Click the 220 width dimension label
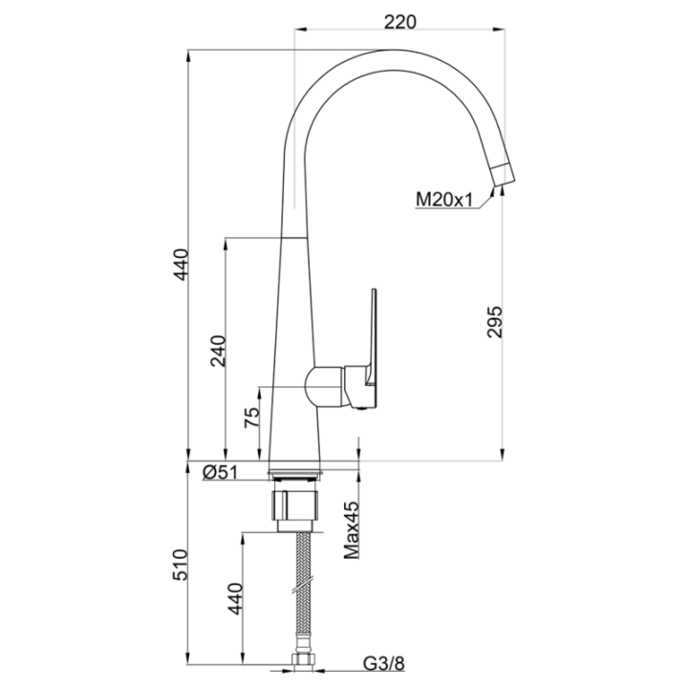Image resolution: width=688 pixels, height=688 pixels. pos(399,21)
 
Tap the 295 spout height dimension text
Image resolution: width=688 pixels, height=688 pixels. pos(494,322)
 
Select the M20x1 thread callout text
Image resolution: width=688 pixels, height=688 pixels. pos(444,200)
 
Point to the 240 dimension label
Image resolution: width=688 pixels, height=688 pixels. pos(218,351)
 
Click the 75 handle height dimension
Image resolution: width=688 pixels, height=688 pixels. pos(252,418)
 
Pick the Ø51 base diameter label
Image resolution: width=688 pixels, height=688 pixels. pos(220,473)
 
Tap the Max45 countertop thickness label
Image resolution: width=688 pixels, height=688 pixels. pos(352,530)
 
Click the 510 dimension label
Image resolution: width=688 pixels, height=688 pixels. pos(180,565)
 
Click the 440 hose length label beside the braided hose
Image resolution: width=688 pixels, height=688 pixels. pos(235,598)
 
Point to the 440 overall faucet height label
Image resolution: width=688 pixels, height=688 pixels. pos(181,264)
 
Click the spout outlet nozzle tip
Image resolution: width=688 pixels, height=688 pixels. pos(504,174)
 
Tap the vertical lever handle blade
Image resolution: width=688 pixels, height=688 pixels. pos(374,337)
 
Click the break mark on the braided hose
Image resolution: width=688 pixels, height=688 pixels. pos(302,585)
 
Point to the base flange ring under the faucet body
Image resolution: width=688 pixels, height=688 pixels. pos(295,473)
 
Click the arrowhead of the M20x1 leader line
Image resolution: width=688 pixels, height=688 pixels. pos(492,191)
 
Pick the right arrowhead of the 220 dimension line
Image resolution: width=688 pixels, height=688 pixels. pos(499,30)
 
